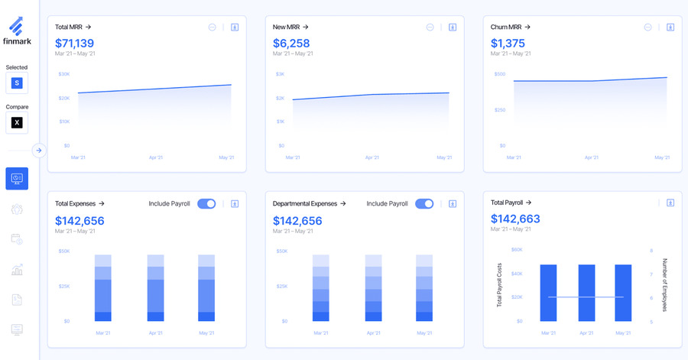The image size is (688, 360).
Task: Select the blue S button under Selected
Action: (17, 83)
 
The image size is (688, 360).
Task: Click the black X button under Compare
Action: (17, 122)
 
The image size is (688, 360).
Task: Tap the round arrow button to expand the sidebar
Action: (39, 151)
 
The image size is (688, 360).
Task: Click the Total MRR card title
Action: (73, 27)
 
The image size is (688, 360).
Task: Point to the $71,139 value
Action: (74, 43)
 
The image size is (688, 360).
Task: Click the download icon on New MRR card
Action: (453, 27)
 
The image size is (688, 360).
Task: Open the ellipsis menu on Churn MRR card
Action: (647, 27)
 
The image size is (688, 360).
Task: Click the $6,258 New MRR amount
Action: (291, 43)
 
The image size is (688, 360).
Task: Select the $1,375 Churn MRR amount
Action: (508, 43)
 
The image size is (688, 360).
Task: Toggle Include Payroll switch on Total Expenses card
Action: (206, 203)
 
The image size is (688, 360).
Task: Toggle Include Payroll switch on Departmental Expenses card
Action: (424, 203)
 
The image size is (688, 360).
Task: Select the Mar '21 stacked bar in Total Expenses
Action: (103, 288)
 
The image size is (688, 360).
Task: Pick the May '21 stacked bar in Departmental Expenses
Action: (424, 288)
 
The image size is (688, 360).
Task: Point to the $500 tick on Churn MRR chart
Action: (499, 74)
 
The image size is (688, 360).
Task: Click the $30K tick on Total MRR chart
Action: (63, 74)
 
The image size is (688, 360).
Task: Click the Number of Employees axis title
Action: (664, 284)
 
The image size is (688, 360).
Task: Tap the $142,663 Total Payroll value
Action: (515, 219)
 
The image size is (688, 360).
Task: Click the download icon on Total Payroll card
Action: (670, 203)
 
